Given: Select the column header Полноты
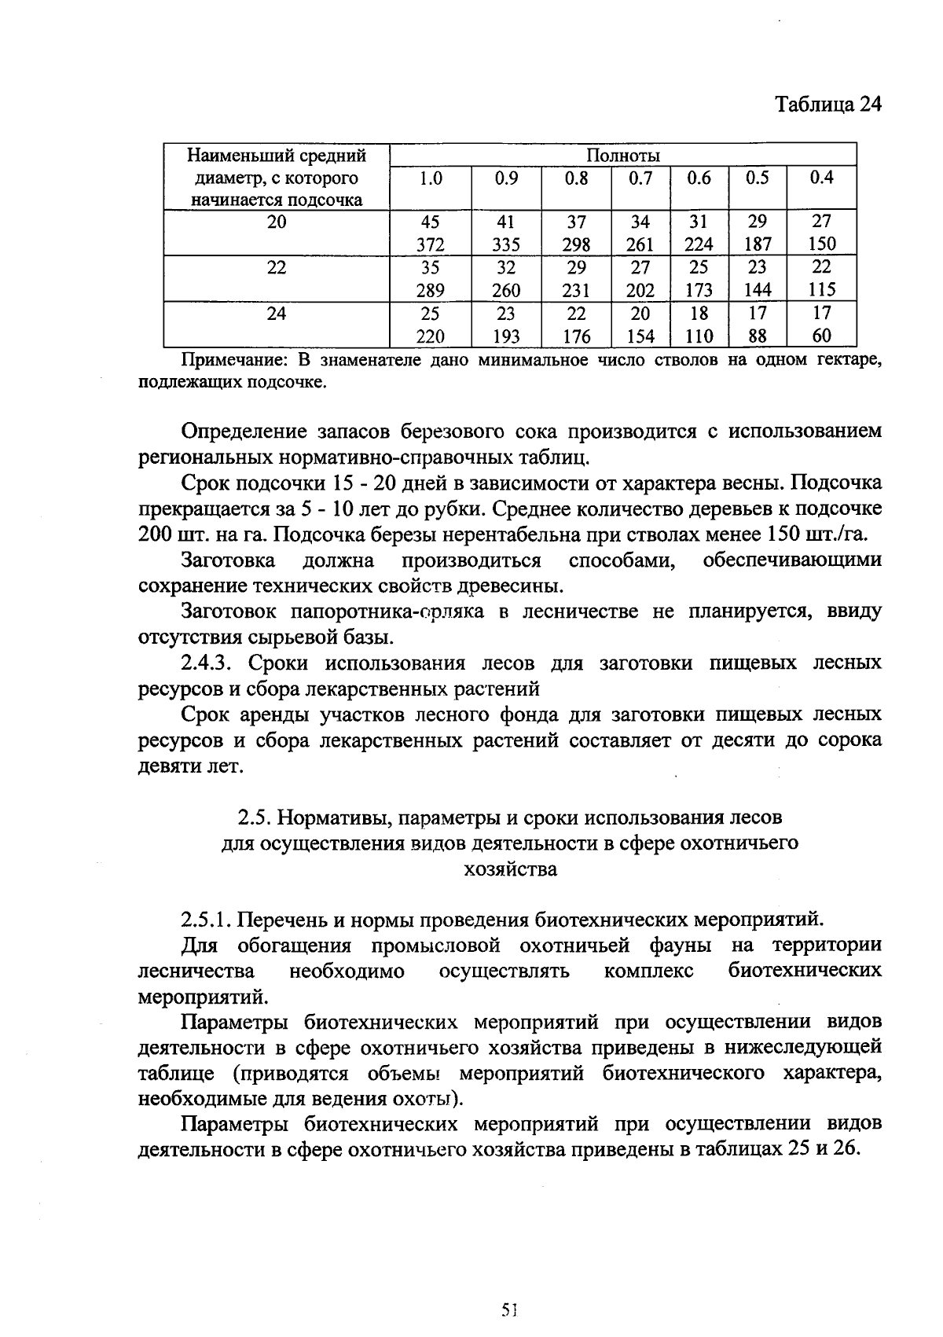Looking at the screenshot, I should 623,155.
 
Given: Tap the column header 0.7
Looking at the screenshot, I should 640,178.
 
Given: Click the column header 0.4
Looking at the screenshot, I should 821,178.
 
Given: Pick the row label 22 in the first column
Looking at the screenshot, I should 277,267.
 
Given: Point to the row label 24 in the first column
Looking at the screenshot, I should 277,314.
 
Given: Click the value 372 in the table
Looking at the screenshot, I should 430,244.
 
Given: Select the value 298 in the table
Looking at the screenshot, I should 576,244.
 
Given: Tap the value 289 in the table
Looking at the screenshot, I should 430,290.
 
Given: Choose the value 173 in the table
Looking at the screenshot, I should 699,290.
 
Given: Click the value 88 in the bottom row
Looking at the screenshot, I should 757,336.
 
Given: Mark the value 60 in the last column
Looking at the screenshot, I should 821,336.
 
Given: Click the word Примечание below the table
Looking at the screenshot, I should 227,361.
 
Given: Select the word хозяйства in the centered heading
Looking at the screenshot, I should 510,869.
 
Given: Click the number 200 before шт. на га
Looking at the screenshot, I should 155,535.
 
